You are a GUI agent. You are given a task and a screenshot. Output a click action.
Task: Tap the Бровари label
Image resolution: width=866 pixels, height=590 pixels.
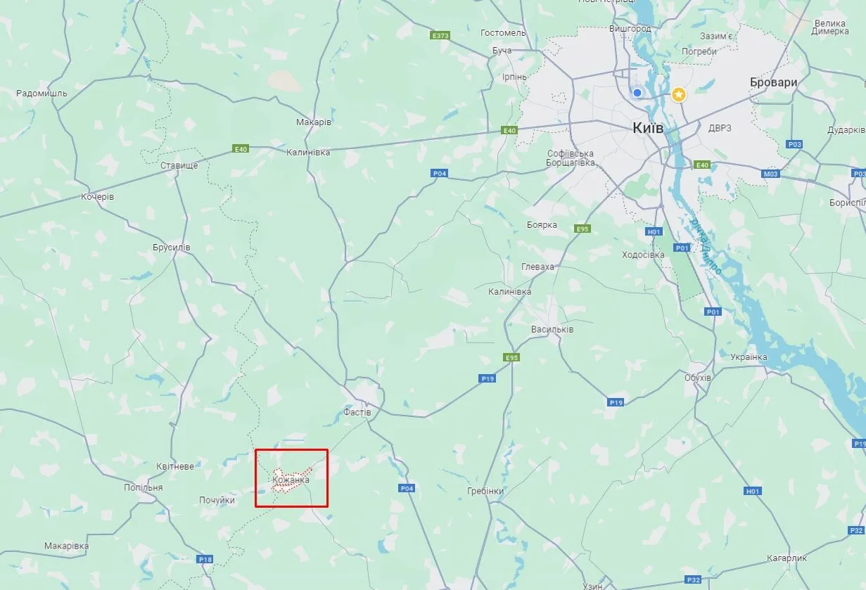[773, 82]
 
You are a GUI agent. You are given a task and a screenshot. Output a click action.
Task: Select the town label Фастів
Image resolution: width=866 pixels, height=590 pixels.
[357, 412]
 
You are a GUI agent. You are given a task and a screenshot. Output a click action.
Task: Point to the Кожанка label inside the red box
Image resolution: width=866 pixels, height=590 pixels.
[291, 480]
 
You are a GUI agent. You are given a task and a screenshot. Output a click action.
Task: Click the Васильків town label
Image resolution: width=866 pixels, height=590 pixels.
[552, 329]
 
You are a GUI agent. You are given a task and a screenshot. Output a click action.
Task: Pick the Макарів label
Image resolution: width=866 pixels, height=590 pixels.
[314, 122]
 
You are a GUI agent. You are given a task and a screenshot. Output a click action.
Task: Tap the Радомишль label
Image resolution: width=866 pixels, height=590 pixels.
[42, 93]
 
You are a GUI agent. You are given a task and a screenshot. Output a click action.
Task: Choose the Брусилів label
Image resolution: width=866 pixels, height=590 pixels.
[172, 248]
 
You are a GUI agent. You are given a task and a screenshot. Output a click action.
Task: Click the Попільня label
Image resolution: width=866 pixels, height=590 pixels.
[143, 487]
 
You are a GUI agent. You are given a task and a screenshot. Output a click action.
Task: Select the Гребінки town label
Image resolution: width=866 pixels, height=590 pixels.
[485, 490]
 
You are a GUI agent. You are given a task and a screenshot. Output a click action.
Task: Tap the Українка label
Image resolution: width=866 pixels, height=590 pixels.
[749, 357]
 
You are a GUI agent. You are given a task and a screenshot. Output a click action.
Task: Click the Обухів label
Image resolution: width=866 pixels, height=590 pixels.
[698, 378]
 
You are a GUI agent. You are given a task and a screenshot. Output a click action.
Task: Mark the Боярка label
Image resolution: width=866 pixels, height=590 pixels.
[542, 225]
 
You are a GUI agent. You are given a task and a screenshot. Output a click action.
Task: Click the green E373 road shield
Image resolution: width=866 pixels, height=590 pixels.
[440, 34]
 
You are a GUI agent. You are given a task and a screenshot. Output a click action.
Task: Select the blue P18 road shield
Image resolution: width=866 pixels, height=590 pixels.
[205, 559]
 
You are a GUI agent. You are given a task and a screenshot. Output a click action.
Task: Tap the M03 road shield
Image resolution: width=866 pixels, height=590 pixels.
[771, 173]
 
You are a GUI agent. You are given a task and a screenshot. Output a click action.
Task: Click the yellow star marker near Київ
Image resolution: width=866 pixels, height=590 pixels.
[678, 94]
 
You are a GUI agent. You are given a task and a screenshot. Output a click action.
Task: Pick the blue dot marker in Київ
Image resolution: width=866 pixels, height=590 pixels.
[637, 92]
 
